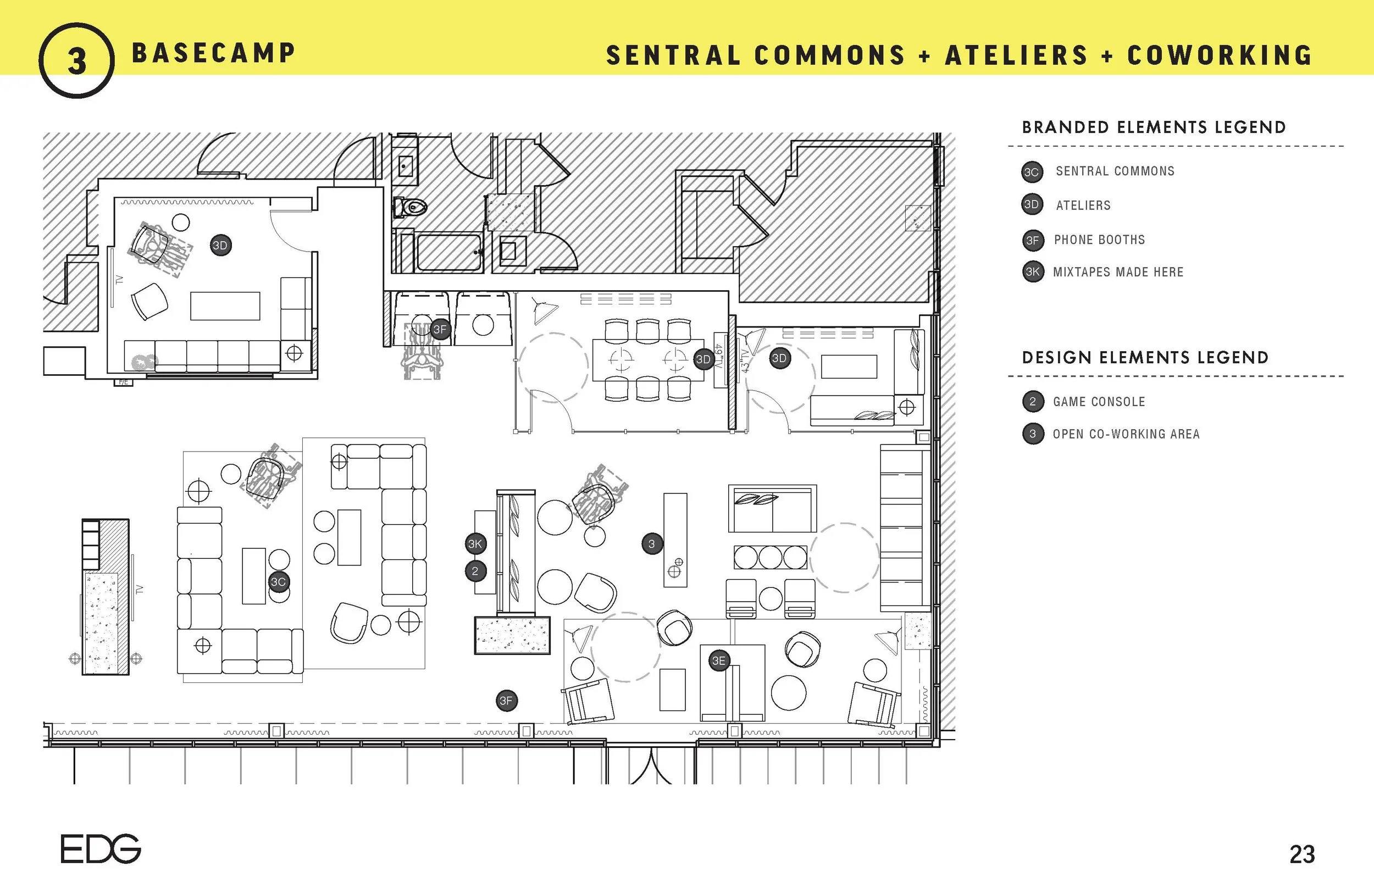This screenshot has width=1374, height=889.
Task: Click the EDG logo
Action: [101, 848]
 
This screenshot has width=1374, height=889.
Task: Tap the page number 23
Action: [1302, 854]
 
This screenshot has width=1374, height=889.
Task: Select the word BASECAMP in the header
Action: [213, 53]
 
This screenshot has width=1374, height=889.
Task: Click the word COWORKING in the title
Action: [1219, 55]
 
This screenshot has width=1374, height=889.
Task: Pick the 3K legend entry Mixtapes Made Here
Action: [1118, 272]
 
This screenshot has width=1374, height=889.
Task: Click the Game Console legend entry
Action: [1099, 402]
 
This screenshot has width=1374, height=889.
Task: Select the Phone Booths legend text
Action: [1099, 240]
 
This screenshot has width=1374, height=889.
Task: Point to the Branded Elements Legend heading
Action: [1154, 127]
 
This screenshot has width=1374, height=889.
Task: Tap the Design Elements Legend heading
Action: [1145, 357]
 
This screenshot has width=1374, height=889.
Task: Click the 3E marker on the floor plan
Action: [719, 661]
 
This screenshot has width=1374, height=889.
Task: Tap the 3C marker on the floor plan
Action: [278, 582]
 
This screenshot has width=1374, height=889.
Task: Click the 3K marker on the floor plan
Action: [474, 544]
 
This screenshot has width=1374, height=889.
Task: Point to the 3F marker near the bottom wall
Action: [506, 701]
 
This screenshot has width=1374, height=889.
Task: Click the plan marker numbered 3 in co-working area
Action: [652, 544]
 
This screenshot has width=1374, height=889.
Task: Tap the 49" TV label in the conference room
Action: [719, 358]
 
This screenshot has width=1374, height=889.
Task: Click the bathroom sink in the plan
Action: [405, 166]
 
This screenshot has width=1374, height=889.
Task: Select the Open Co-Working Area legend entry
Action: [1126, 434]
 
